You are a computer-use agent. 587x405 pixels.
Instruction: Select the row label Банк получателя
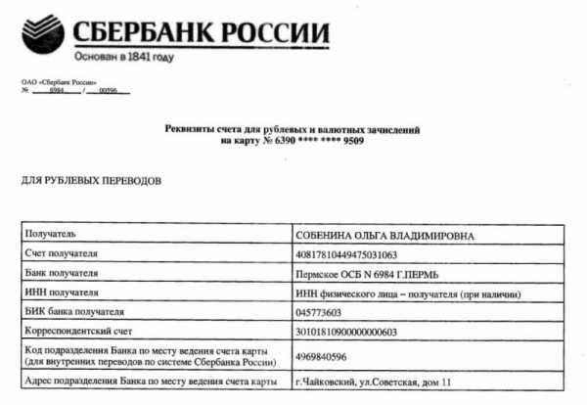point(68,274)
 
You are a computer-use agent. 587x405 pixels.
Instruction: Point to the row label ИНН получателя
point(67,292)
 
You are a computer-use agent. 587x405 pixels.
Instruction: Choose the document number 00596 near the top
point(117,91)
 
